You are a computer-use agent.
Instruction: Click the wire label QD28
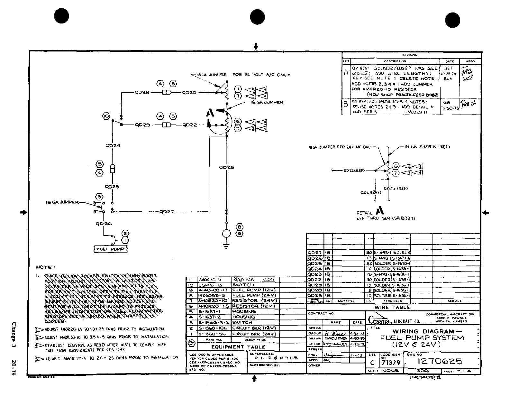coord(142,93)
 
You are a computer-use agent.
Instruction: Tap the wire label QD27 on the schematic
coord(167,212)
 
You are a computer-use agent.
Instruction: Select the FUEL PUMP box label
coord(110,249)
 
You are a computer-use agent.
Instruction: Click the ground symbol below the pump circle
coord(226,246)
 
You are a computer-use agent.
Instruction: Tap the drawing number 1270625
coord(440,362)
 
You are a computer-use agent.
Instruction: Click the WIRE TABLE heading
coord(393,307)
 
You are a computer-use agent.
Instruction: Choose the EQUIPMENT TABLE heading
coord(238,347)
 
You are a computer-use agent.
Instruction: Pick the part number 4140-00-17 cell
coord(213,290)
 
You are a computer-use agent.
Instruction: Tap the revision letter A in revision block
coord(346,73)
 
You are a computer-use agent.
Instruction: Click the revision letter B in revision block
coord(346,104)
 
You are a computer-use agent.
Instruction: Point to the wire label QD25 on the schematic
coord(226,167)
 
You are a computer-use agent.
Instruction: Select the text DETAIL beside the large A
coord(364,213)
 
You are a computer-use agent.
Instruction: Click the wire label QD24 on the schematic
coord(113,145)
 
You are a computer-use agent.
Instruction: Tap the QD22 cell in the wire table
coord(314,280)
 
